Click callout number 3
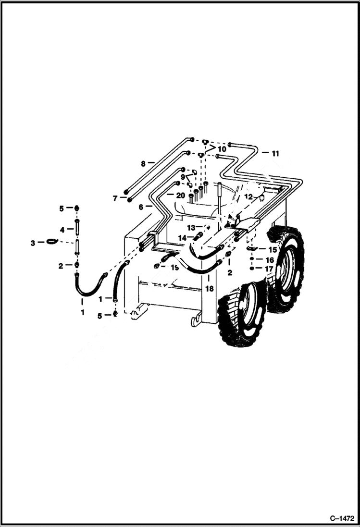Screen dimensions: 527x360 click(33, 243)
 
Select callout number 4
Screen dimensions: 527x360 click(62, 229)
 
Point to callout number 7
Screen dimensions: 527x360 click(115, 198)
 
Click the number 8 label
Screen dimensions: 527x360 click(143, 163)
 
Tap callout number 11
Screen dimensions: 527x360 click(275, 154)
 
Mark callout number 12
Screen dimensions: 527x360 click(248, 196)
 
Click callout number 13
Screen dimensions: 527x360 click(191, 227)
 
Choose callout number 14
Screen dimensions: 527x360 click(182, 238)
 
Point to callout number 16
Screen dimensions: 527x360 click(270, 260)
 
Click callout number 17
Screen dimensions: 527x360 click(270, 269)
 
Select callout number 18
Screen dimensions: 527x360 click(209, 289)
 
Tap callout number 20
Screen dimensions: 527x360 click(180, 195)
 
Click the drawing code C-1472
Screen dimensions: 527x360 click(342, 519)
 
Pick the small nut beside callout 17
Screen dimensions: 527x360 click(252, 269)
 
